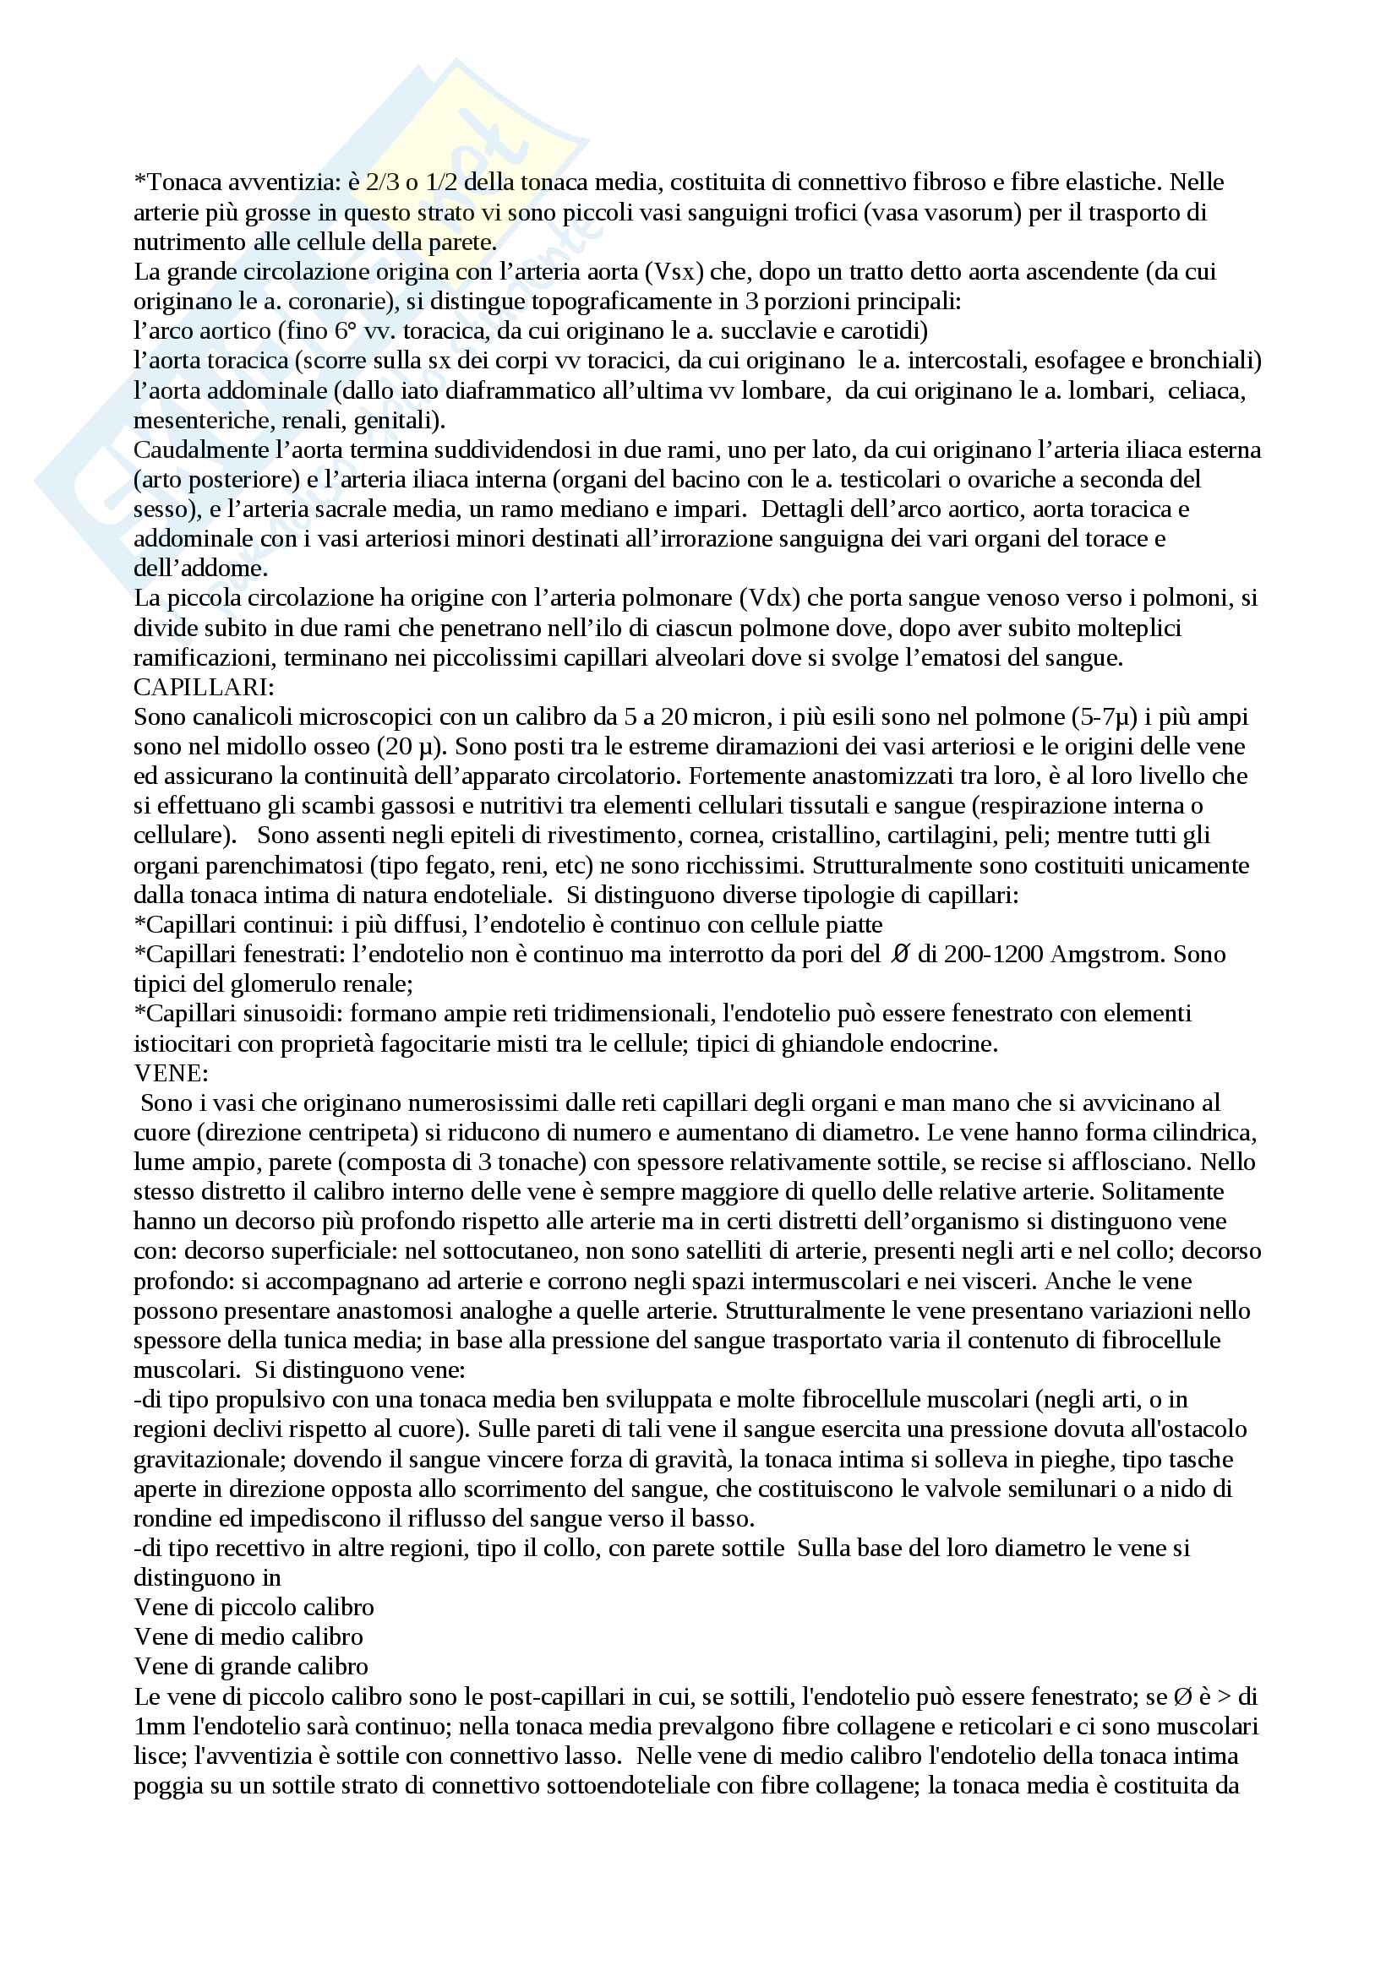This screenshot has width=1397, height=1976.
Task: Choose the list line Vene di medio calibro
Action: coord(248,1636)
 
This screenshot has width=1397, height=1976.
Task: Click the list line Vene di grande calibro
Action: coord(251,1666)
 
